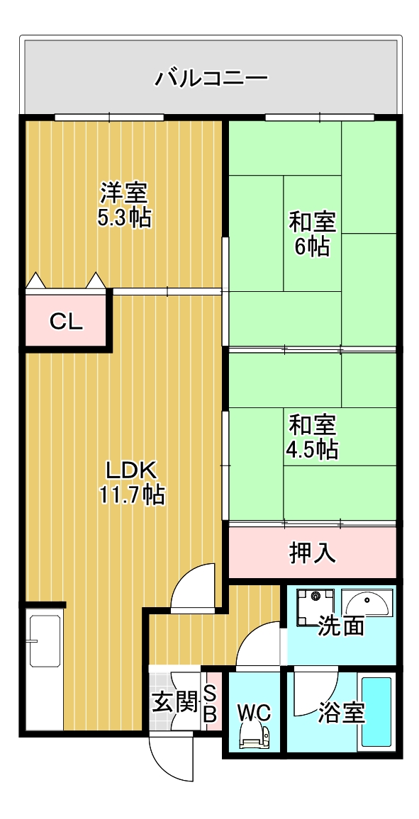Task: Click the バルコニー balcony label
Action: tap(211, 77)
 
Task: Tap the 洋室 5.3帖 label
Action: tap(124, 204)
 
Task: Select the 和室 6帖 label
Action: tap(312, 233)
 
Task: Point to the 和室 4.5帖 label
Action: tap(312, 436)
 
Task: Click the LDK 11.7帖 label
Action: tap(131, 482)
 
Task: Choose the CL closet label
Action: tap(67, 322)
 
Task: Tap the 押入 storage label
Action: tap(312, 553)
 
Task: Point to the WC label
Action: tap(254, 711)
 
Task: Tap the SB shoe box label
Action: tap(210, 703)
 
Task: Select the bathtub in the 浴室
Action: tap(376, 711)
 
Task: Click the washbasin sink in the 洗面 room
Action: tap(366, 603)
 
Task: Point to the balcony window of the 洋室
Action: tap(109, 117)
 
